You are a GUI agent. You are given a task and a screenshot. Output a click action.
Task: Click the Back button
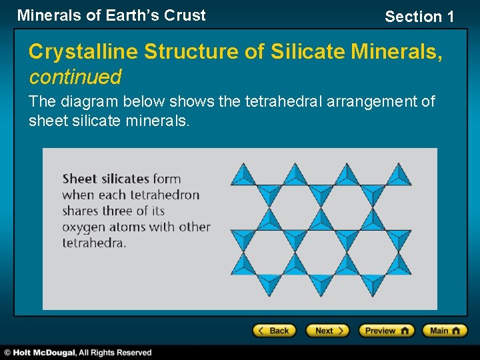(273, 330)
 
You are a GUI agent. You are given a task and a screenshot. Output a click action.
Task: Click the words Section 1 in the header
(419, 17)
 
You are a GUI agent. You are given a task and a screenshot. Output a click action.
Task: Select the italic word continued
(75, 77)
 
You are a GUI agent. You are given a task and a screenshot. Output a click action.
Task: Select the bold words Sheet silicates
(105, 179)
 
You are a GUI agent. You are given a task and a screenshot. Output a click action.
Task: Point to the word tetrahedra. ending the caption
(94, 243)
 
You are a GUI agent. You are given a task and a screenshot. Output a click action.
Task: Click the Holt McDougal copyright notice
(79, 352)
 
